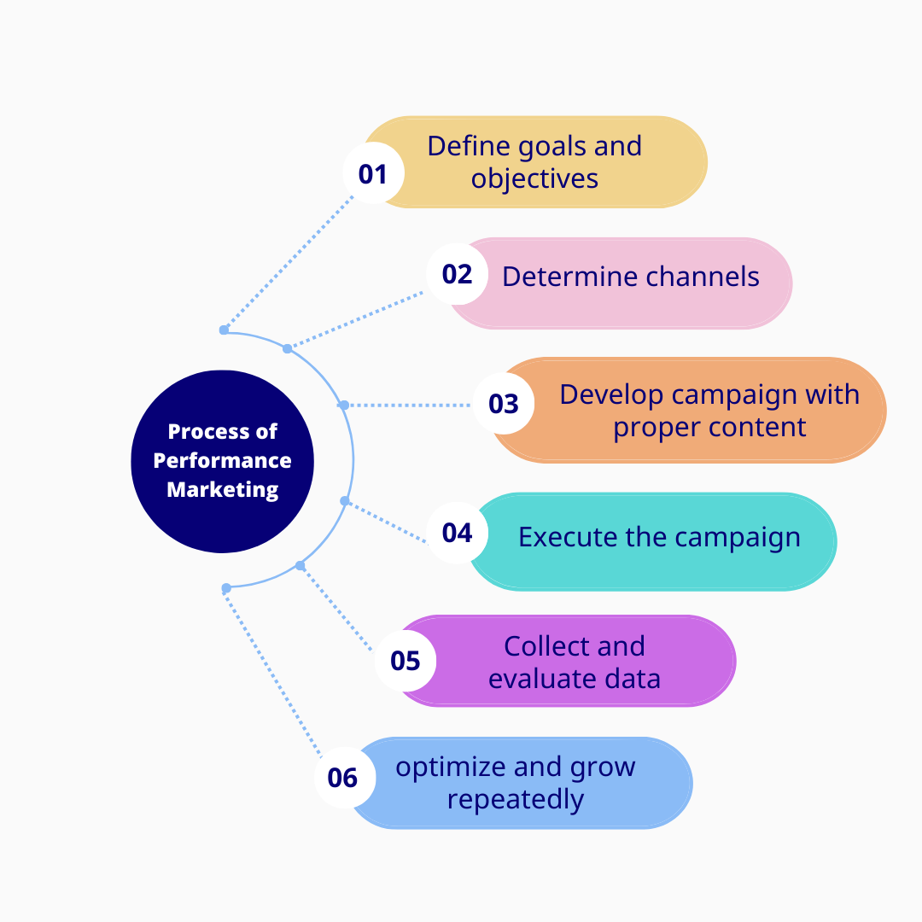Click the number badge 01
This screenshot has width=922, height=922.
click(x=373, y=174)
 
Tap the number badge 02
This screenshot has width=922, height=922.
click(x=458, y=274)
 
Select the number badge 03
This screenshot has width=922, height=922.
click(x=504, y=403)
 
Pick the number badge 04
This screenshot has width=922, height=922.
click(x=458, y=533)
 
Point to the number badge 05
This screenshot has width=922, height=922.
click(x=406, y=661)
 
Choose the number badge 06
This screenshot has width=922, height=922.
click(x=342, y=778)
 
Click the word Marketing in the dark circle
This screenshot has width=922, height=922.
click(x=223, y=490)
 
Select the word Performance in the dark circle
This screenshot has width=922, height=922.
click(x=223, y=460)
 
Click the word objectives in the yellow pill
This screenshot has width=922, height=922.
click(x=534, y=178)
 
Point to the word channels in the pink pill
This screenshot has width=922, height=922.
click(x=703, y=277)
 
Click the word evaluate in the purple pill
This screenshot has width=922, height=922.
click(x=535, y=679)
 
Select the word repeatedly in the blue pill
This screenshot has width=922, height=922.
click(x=516, y=800)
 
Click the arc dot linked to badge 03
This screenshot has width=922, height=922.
click(x=344, y=405)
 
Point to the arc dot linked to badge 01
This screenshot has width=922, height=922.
click(x=224, y=330)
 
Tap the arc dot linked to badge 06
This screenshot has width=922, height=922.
click(x=226, y=588)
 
